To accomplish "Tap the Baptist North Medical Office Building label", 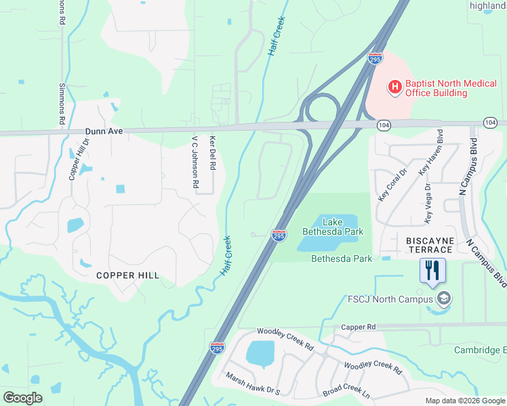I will point(437,88).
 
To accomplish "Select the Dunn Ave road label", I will point(104,131).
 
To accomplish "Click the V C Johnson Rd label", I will point(195,162).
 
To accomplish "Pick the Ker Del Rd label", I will point(213,152).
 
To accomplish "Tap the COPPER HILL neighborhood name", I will point(127,275).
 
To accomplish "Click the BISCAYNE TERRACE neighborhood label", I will point(428,245).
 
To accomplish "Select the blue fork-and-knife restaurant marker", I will point(430,271).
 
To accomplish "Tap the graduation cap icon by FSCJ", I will point(444,298).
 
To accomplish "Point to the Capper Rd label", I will point(359,327).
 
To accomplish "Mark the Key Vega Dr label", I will point(427,203).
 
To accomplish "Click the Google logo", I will point(22,398).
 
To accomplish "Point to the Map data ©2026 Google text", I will point(466,401).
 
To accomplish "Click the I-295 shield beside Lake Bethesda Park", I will point(279,235).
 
